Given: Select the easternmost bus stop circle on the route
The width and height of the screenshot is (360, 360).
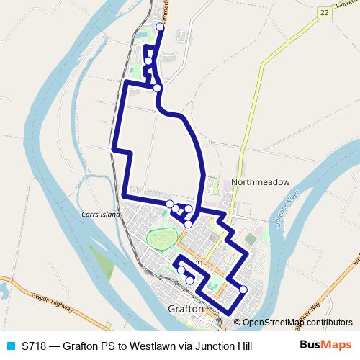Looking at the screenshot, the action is (243, 289).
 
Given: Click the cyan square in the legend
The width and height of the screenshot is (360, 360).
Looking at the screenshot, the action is (10, 346).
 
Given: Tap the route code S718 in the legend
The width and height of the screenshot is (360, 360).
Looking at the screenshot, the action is (35, 346).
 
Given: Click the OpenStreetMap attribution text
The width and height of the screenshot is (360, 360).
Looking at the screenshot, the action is (288, 322).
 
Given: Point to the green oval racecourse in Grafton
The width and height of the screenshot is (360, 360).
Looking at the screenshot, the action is (162, 238).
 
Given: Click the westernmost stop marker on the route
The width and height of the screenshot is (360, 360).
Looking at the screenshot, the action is (148, 61).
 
